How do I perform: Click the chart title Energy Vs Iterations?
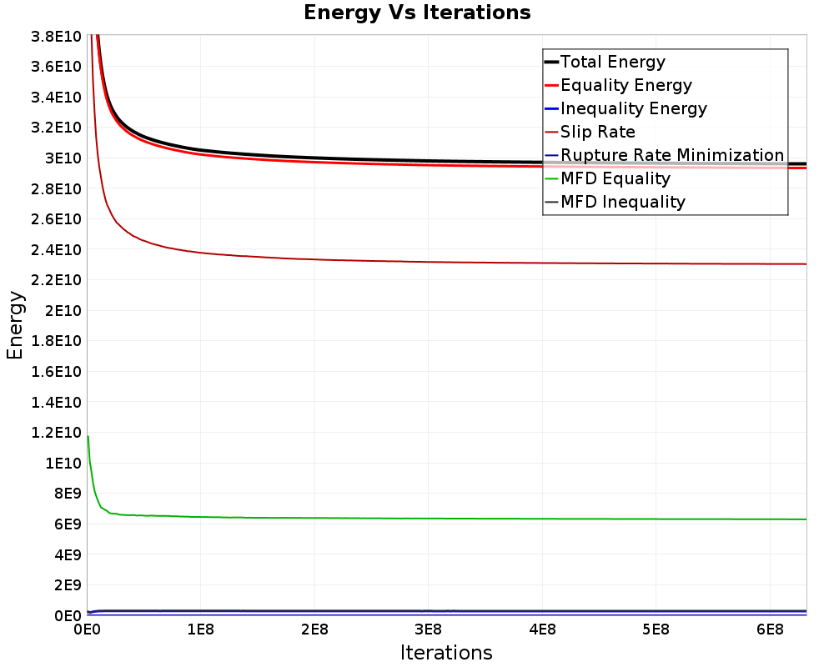tap(417, 13)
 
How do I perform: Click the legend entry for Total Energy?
tap(605, 62)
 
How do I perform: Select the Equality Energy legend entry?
tap(619, 85)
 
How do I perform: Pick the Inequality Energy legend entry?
tap(626, 108)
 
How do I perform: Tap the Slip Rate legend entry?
tap(590, 132)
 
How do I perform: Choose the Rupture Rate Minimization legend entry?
tap(665, 155)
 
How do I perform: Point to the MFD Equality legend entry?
tap(608, 178)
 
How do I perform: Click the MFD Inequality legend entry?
tap(615, 202)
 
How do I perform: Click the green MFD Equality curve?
tap(447, 519)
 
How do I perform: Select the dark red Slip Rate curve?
tap(447, 263)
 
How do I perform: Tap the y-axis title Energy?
tap(15, 325)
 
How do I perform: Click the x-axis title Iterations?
tap(446, 652)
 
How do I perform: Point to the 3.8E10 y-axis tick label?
tap(57, 37)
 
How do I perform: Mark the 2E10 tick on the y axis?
tap(63, 311)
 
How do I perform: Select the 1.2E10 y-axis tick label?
tap(57, 433)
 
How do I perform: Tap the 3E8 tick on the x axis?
tap(428, 630)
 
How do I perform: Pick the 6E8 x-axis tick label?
tap(770, 630)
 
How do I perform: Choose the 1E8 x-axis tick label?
tap(200, 630)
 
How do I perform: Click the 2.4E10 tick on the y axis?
tap(57, 249)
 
